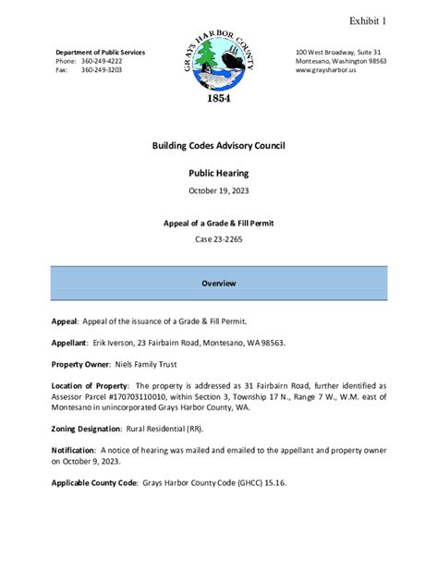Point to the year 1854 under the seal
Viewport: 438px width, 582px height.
(218, 99)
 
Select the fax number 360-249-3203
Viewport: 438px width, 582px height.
(102, 70)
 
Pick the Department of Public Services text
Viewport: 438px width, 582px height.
(100, 52)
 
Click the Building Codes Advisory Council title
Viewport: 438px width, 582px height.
(219, 146)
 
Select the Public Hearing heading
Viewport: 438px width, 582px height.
(219, 173)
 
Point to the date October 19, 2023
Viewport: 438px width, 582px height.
(219, 190)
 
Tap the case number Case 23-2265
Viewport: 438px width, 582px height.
(219, 240)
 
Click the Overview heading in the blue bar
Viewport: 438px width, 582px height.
(219, 283)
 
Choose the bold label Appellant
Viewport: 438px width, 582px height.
(69, 342)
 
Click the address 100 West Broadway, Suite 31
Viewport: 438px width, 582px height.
(338, 52)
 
